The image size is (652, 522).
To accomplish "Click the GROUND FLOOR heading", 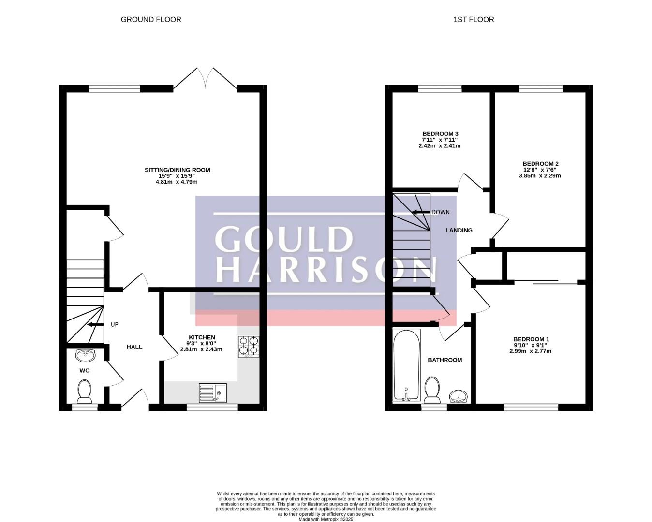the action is [x=151, y=20].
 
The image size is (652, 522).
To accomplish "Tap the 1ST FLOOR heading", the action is [x=474, y=20].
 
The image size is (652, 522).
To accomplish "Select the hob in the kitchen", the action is [x=249, y=347].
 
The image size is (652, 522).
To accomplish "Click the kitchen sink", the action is [x=213, y=393].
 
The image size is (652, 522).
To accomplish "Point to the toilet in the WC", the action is [x=85, y=392].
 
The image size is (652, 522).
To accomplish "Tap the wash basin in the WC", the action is [x=86, y=355].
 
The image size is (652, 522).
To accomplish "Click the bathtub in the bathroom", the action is [x=406, y=365].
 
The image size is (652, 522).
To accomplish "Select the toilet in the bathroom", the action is [x=432, y=390].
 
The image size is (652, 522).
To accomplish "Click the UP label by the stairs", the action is [x=114, y=325].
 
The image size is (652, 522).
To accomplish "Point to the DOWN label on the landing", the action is [x=441, y=212].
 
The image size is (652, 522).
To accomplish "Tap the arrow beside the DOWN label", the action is [x=421, y=212].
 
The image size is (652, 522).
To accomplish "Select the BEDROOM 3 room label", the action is [x=440, y=134].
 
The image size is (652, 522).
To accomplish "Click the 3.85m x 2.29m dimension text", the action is [x=540, y=175].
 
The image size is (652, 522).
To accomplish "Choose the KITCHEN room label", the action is [x=202, y=337].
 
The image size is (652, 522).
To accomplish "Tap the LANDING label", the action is [x=459, y=230].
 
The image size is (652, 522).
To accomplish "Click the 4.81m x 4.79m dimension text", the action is [x=177, y=182].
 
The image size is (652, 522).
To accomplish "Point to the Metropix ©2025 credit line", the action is [x=326, y=519].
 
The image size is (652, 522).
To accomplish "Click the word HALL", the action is [x=134, y=347].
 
